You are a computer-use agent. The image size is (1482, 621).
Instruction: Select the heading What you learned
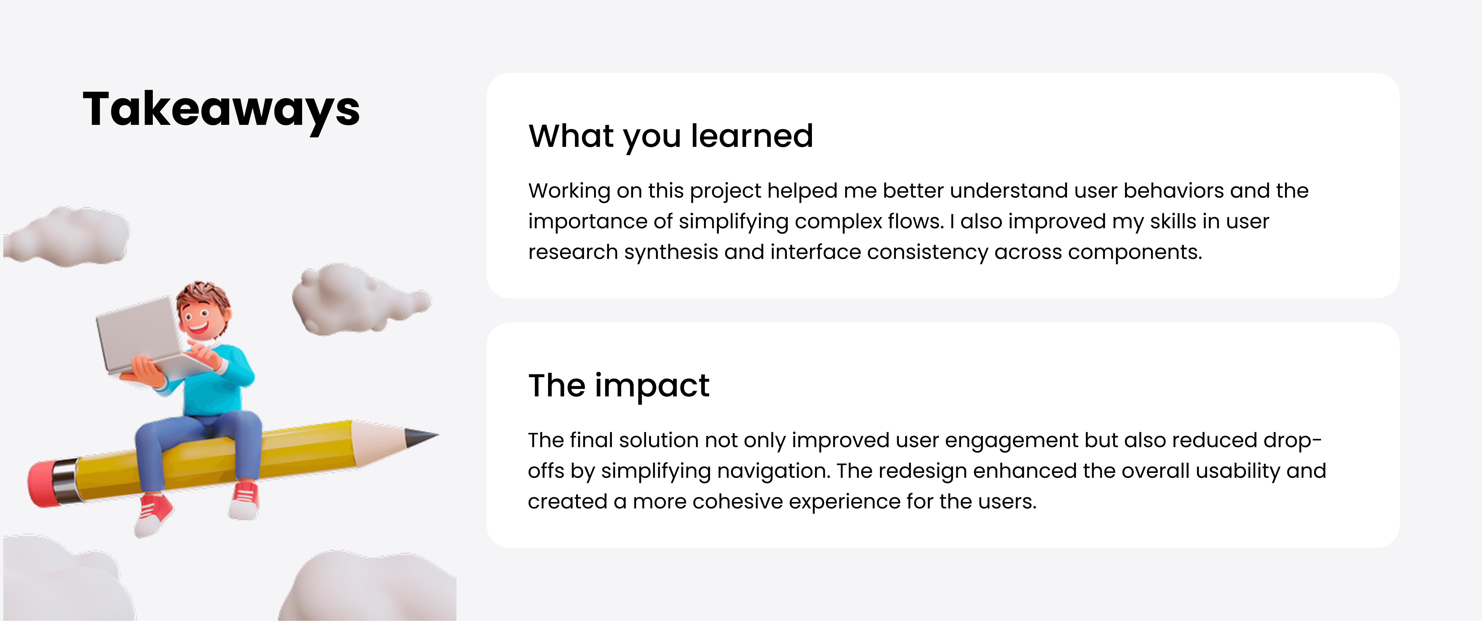tap(671, 136)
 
